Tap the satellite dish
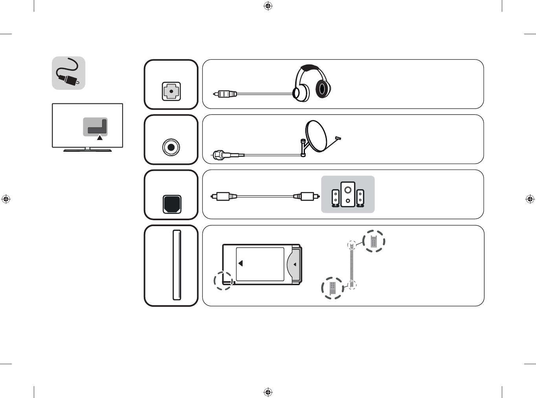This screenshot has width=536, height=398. point(316,136)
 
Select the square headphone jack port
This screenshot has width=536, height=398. point(171,91)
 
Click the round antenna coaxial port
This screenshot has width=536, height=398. point(171,147)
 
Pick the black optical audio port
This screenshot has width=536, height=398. point(172,204)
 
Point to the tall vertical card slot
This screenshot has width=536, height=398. point(177,265)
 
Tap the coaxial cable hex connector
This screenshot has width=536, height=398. point(218,155)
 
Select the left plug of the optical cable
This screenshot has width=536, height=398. point(222,196)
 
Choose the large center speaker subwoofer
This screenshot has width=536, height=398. point(348,194)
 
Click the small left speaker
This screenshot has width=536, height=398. point(336,198)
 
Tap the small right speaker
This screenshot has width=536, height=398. point(360,198)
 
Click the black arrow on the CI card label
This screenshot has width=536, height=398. point(240,263)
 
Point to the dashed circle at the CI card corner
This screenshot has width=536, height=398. point(223,281)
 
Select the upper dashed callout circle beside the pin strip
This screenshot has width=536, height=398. point(373,241)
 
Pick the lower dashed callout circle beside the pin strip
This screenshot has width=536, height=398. point(332,288)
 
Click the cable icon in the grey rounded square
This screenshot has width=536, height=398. point(69,73)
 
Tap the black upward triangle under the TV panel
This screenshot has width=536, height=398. point(100,138)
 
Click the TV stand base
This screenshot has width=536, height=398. point(88,150)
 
